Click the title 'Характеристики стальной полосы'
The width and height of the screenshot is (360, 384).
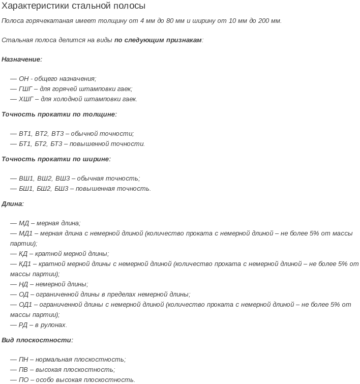(x=73, y=6)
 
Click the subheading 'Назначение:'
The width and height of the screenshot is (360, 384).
(x=22, y=60)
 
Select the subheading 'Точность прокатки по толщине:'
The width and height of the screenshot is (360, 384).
(x=59, y=114)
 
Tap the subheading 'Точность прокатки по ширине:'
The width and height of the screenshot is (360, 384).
(x=56, y=159)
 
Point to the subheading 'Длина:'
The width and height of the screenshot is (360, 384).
(x=13, y=204)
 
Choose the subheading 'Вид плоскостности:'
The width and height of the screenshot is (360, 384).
(x=37, y=340)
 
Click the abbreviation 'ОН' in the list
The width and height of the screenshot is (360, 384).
(x=24, y=79)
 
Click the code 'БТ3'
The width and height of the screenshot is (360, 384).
(x=56, y=144)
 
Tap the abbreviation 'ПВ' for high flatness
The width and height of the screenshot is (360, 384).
(x=23, y=370)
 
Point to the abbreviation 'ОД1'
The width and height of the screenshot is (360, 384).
(x=25, y=305)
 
